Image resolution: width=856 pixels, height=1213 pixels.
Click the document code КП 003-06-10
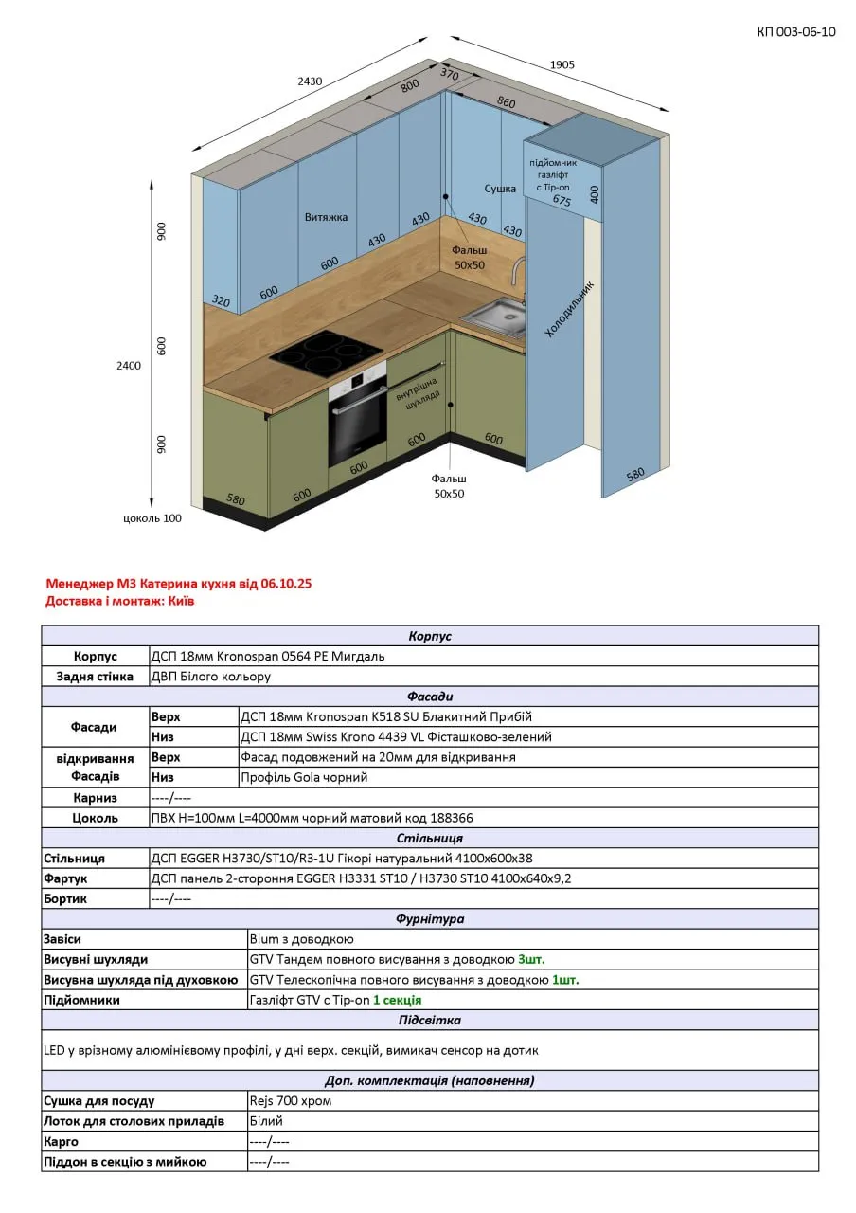795,32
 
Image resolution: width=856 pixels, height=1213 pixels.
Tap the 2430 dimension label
310,81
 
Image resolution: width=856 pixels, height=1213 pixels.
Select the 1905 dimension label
562,64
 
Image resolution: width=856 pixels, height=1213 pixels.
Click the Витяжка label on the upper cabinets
326,217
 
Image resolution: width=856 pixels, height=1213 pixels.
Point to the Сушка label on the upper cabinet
500,190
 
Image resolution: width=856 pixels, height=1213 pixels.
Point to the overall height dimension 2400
129,366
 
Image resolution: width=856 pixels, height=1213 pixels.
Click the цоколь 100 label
152,518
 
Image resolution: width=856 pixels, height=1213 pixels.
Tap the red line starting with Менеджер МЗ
178,584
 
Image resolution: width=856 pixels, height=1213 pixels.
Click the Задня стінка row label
96,677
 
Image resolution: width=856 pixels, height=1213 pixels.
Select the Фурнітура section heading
430,919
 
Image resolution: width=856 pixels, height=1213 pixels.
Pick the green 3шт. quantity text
531,959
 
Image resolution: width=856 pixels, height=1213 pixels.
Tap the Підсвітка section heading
430,1021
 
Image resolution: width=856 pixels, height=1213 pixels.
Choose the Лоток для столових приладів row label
134,1121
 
